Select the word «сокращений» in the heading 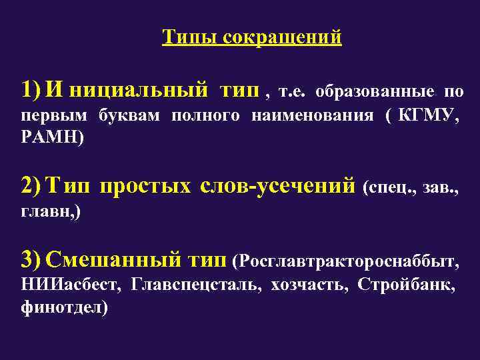(x=282, y=37)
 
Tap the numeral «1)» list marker (x=31, y=90)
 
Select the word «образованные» (x=374, y=91)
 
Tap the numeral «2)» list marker (x=31, y=186)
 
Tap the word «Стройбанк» (x=406, y=286)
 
